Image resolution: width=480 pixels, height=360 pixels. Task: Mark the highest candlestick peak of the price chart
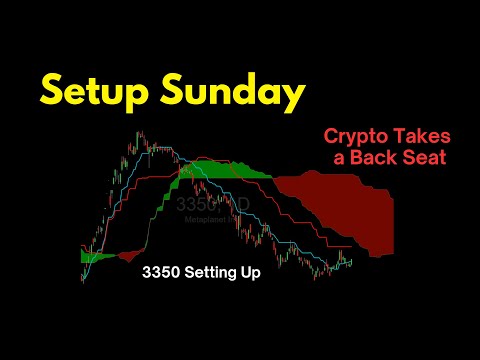[133, 135]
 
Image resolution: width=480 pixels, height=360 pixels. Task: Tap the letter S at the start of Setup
[53, 92]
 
